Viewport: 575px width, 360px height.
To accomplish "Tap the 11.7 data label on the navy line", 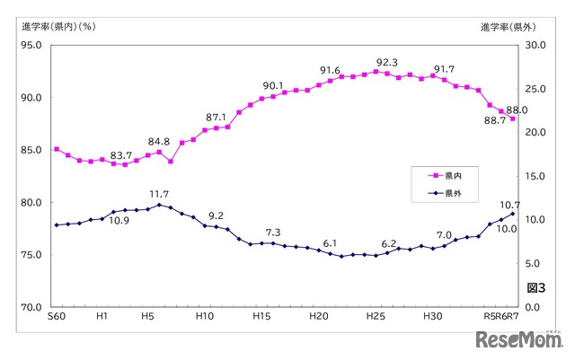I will pyautogui.click(x=160, y=194).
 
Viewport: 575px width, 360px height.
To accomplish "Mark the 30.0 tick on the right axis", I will pyautogui.click(x=535, y=46).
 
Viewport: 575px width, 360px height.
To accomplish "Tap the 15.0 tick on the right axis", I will pyautogui.click(x=535, y=176).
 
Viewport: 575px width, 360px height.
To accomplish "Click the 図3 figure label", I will pyautogui.click(x=535, y=287).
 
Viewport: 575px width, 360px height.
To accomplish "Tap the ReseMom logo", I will pyautogui.click(x=515, y=340).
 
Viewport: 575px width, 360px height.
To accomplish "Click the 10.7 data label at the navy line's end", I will pyautogui.click(x=511, y=206).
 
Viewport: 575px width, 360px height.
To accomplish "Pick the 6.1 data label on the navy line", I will pyautogui.click(x=330, y=243).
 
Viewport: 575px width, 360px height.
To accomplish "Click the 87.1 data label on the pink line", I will pyautogui.click(x=216, y=118).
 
